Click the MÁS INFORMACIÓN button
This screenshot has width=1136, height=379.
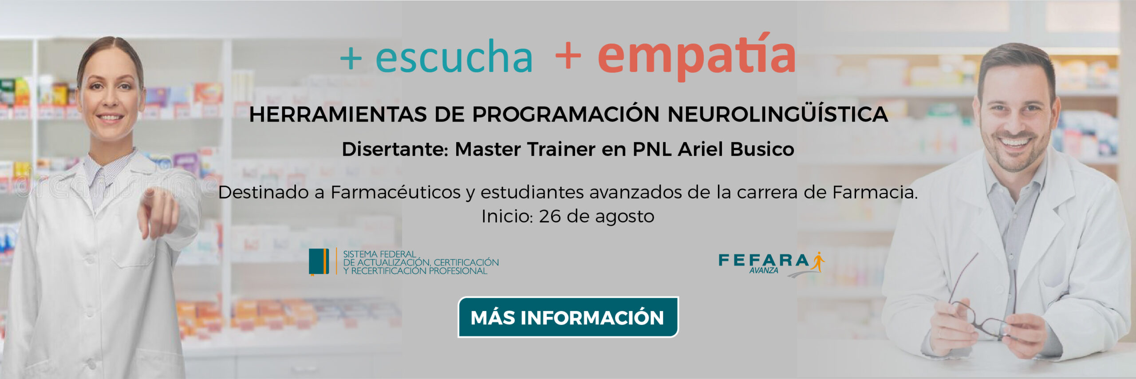(x=568, y=317)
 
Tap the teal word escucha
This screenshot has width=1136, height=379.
(x=454, y=56)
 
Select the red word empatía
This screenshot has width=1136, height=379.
(x=697, y=55)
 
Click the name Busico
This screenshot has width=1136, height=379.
(x=762, y=149)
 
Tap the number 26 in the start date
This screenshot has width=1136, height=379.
(x=550, y=217)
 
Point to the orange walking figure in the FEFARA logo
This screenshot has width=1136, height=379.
(x=818, y=261)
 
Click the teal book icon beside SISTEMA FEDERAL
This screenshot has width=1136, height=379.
(x=319, y=262)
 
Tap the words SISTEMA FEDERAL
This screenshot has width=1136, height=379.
(x=379, y=254)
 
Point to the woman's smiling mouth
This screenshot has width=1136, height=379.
(x=110, y=118)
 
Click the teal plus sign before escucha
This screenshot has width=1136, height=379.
(x=351, y=58)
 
